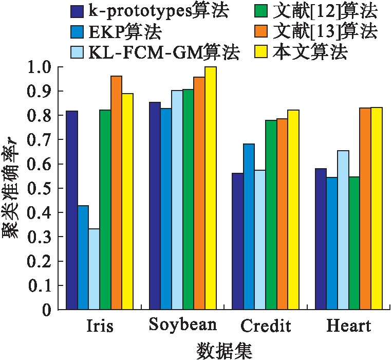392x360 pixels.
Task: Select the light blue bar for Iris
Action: pos(94,269)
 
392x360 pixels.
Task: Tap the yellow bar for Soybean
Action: pos(211,188)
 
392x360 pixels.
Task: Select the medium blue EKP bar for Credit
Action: pos(249,227)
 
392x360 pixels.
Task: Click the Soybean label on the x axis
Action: pos(183,326)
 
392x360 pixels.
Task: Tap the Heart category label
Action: pos(349,326)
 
